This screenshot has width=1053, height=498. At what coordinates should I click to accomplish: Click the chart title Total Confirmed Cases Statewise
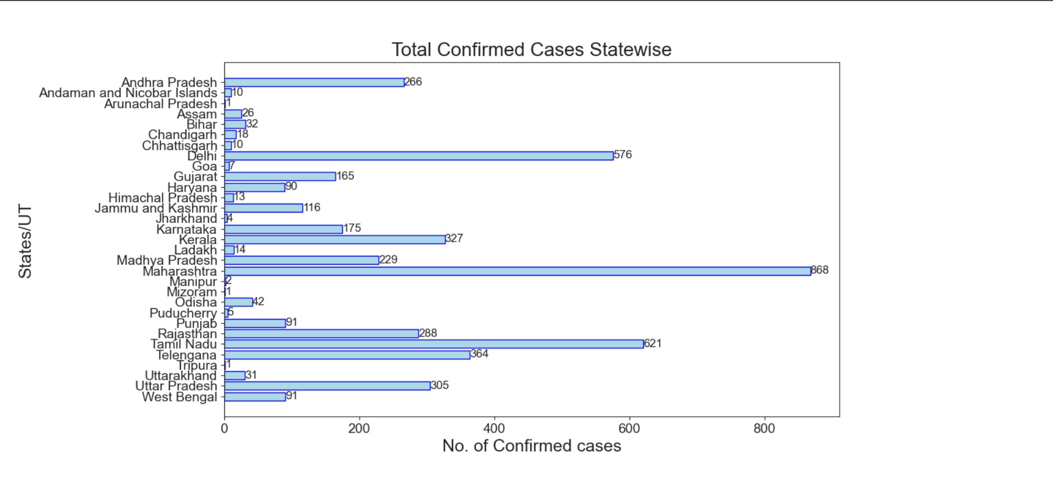click(531, 50)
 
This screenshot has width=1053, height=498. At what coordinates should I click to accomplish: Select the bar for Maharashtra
click(517, 271)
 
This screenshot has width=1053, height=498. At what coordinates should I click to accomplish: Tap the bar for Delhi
click(418, 156)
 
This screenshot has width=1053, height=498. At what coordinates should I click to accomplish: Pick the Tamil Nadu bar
click(434, 344)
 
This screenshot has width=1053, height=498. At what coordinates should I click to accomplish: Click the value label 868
click(820, 270)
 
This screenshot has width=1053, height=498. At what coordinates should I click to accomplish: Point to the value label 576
click(623, 155)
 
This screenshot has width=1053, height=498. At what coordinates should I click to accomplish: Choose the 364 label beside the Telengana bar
click(479, 354)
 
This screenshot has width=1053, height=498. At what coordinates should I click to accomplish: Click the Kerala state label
click(198, 240)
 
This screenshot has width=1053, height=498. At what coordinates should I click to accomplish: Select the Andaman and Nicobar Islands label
click(128, 93)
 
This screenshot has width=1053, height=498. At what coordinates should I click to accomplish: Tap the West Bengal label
click(179, 397)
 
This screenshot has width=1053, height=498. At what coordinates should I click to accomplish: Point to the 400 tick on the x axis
click(494, 429)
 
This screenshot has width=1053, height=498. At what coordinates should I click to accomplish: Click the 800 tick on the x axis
click(764, 429)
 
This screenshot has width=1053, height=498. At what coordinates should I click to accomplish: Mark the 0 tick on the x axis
click(224, 429)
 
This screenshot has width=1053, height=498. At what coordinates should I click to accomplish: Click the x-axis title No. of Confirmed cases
click(531, 446)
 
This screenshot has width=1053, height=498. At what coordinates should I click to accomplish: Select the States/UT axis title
click(25, 242)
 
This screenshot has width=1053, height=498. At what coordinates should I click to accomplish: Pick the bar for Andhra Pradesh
click(314, 82)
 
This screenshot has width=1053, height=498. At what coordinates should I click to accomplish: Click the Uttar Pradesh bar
click(327, 386)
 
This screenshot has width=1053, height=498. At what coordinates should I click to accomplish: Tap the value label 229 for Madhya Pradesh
click(388, 260)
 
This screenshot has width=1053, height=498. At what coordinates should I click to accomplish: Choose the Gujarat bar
click(280, 177)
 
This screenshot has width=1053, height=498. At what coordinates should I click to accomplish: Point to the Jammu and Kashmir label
click(156, 209)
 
